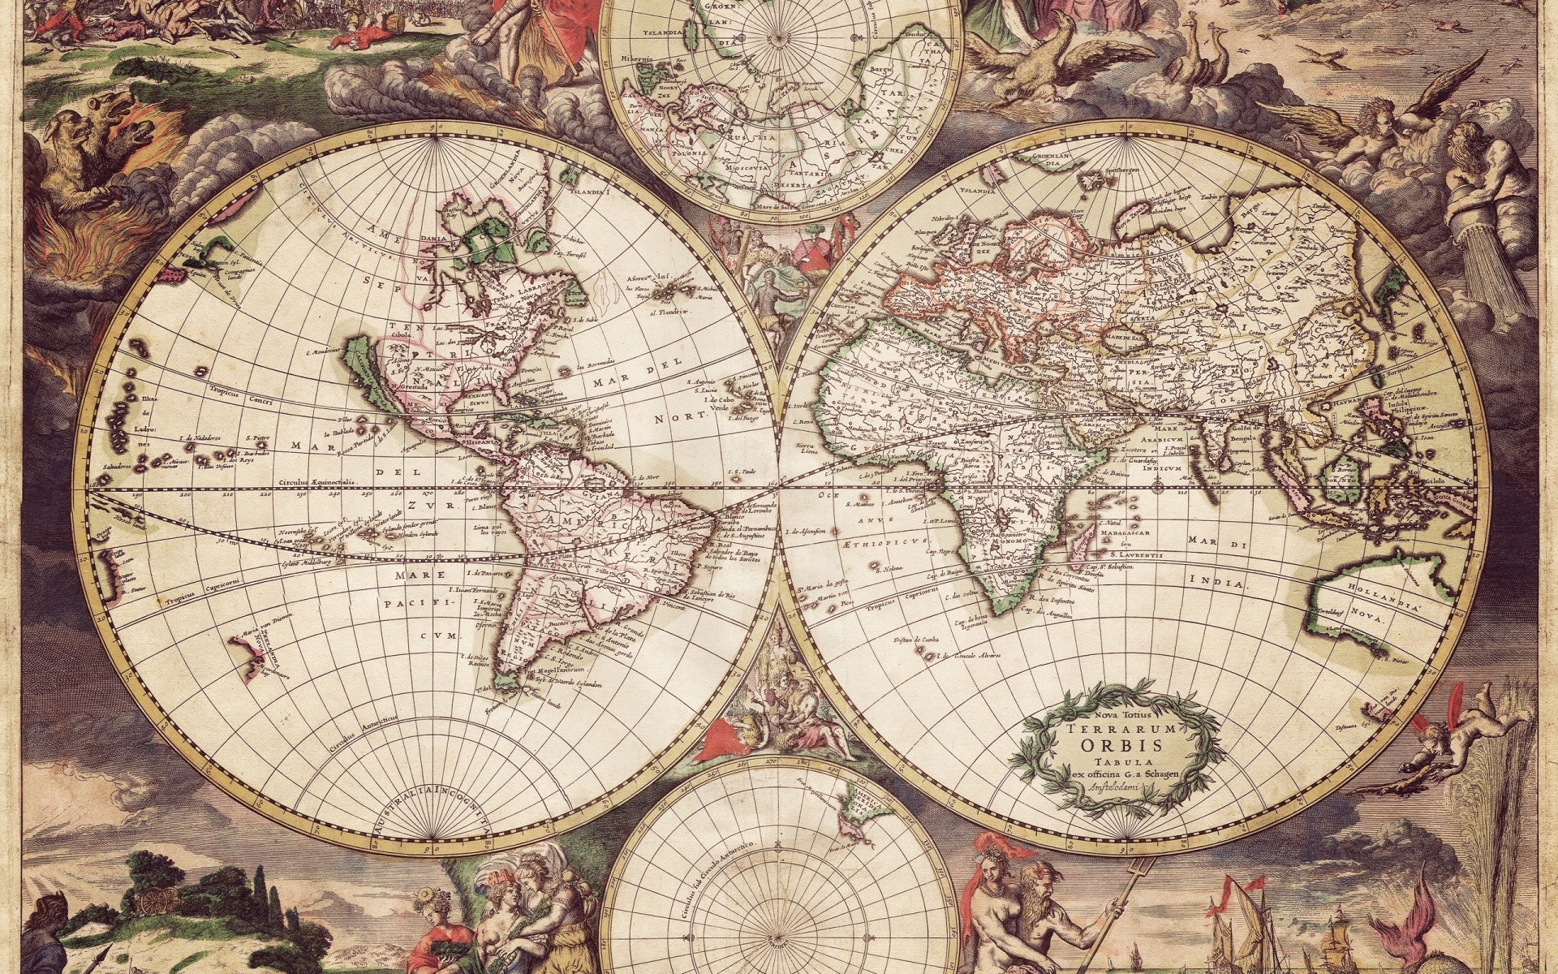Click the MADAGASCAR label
(1121, 534)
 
